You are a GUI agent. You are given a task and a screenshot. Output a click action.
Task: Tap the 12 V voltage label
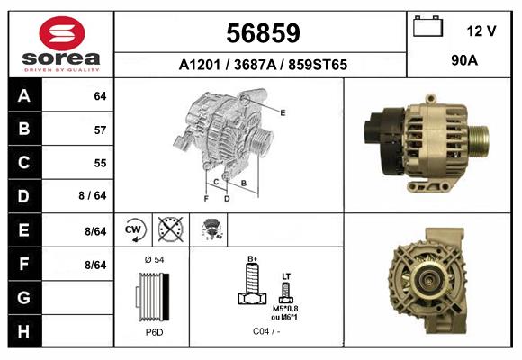[481, 31]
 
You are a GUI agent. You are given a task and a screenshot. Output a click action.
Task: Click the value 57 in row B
[100, 130]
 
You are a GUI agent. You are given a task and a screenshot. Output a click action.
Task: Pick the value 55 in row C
[100, 163]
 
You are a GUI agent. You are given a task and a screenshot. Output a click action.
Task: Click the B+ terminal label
[253, 259]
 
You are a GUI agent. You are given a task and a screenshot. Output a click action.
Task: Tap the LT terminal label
[286, 275]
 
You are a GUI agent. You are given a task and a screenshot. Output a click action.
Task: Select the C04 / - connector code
[265, 332]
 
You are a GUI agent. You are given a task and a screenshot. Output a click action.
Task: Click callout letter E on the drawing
[283, 112]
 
